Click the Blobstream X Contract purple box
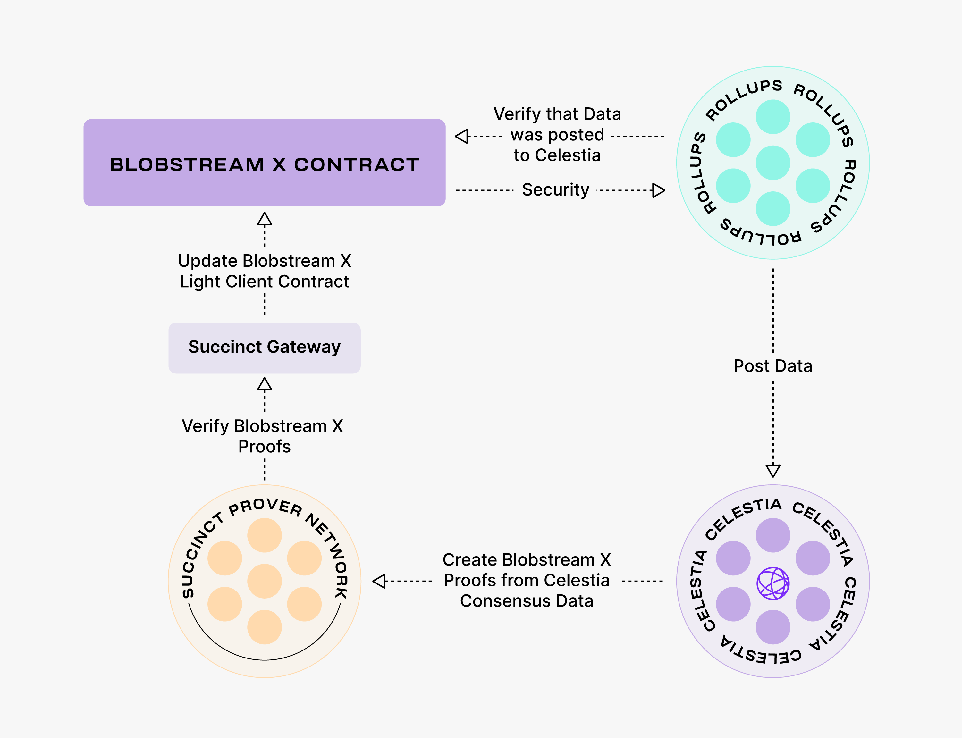(x=265, y=163)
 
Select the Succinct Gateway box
(x=265, y=348)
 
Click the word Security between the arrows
(x=555, y=190)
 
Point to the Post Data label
(x=773, y=366)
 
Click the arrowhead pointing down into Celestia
(x=773, y=471)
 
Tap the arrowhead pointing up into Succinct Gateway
(x=265, y=384)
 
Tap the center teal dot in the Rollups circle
(x=773, y=163)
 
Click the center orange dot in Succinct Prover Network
(x=265, y=581)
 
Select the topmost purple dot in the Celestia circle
(x=773, y=535)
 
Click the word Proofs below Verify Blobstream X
(x=265, y=447)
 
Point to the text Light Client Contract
(x=265, y=281)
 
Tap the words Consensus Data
(x=526, y=601)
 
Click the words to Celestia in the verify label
(x=557, y=155)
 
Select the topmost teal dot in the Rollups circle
(x=773, y=117)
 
